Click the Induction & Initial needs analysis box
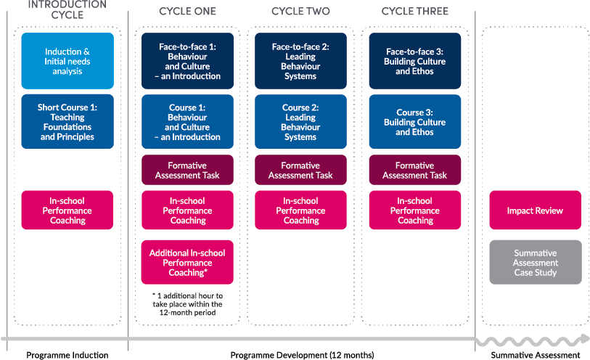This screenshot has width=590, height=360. point(67,61)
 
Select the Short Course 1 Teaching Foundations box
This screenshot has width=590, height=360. point(67,122)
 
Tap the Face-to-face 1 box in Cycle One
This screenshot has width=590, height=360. point(188,61)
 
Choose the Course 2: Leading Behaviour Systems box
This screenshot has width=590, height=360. point(300,122)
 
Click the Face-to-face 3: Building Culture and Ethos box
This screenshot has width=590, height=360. point(415,61)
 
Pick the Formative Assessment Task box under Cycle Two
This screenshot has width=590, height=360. point(300,171)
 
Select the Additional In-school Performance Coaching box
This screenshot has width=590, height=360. point(188,263)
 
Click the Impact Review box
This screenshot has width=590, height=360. point(536,210)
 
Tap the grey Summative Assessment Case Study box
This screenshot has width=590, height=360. point(536,263)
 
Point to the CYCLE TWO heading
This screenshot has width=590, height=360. point(300,12)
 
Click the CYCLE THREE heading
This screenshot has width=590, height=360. point(415,12)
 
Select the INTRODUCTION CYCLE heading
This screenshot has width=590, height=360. point(67,9)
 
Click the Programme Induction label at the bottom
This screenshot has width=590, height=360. point(67,355)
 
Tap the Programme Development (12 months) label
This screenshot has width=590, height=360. point(302,355)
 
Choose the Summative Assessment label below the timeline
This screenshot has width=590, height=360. point(536,355)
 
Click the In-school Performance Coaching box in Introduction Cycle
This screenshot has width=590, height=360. point(67,210)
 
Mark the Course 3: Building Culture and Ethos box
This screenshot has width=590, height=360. point(415,122)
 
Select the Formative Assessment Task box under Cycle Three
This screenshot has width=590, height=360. point(415,171)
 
